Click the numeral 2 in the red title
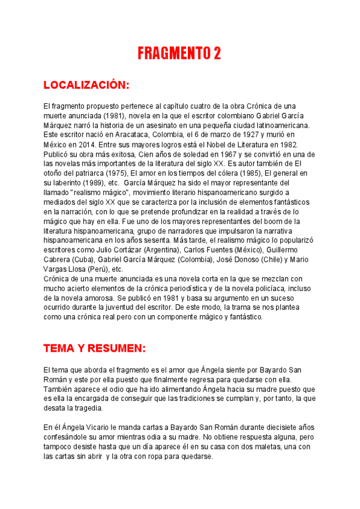[216, 53]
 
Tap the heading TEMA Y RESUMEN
[94, 348]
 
